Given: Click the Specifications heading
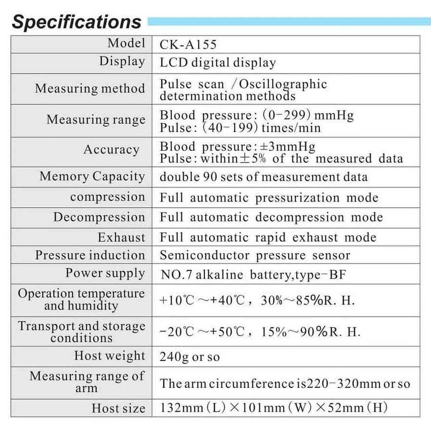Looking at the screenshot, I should [x=76, y=22].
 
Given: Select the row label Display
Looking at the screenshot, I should [x=122, y=61].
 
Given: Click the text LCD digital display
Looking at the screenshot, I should [x=218, y=63].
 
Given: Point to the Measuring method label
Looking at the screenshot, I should [x=90, y=89].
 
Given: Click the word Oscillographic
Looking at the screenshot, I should [x=283, y=84].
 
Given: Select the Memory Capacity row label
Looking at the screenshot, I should [x=92, y=176].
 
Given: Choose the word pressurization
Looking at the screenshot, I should [x=297, y=198].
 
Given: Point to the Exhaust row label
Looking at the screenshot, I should [x=121, y=237].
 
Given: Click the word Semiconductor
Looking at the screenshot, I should [x=204, y=255].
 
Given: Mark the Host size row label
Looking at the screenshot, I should [x=119, y=408].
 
